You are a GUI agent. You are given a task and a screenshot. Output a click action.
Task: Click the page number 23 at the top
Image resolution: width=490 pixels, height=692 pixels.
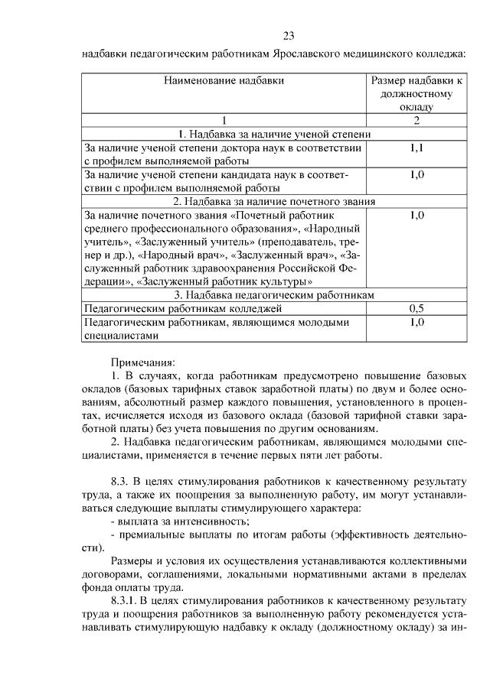click(x=289, y=36)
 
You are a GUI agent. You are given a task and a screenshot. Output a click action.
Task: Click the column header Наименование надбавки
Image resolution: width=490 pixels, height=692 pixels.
click(x=223, y=80)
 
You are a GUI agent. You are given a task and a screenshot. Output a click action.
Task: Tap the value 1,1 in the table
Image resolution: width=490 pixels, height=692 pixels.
click(x=416, y=148)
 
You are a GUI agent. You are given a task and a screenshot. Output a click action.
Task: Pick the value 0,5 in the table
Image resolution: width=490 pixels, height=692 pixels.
click(x=416, y=308)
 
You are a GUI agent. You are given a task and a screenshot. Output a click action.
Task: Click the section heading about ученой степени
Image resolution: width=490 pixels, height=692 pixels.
click(x=275, y=135)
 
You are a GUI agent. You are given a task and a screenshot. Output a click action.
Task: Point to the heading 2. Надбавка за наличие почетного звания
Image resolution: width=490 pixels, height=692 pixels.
click(x=275, y=201)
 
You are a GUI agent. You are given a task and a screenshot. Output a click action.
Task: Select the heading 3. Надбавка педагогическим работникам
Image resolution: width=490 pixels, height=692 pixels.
click(x=275, y=294)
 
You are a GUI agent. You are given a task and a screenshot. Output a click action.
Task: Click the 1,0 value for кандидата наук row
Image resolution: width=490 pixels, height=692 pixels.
click(x=416, y=175)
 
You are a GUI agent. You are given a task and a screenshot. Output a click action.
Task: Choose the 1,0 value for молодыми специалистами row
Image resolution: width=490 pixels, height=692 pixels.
click(x=416, y=322)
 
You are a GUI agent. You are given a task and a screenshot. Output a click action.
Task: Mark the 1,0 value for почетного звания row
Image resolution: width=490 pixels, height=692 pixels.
click(x=416, y=215)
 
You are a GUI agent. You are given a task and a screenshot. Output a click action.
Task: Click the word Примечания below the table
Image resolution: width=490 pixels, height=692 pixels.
click(x=143, y=361)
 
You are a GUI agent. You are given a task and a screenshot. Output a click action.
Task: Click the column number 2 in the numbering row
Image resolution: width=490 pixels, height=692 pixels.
click(x=416, y=121)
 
